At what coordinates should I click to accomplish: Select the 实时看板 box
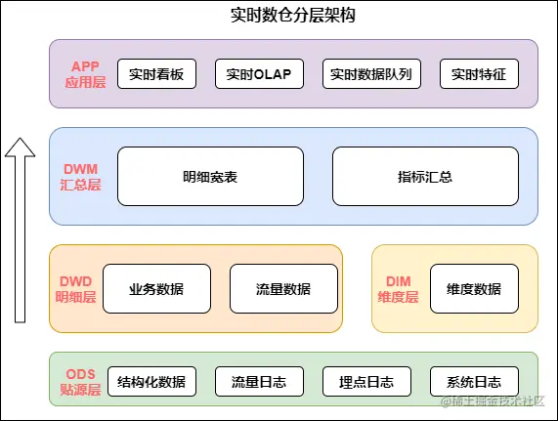coord(157,73)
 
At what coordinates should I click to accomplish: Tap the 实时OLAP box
coord(259,73)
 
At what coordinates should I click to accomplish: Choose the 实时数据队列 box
coord(370,73)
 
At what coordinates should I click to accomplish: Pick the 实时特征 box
coord(479,73)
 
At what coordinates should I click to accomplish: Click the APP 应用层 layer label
coord(85,73)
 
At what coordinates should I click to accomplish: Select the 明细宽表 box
coord(210,177)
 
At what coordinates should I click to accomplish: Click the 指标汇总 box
coord(425,177)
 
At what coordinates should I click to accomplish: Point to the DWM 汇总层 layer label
coord(81,177)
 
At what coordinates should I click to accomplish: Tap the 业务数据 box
coord(156,288)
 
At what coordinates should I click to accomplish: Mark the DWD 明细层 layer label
coord(75,288)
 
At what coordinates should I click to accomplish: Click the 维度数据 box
coord(474,288)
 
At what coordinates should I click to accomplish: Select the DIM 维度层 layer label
coord(398,288)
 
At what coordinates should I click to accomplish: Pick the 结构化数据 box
coord(151,381)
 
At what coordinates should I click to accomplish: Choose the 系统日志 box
coord(474,381)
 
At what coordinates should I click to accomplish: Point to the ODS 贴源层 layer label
coord(81,381)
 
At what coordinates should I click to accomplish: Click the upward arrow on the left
coord(17,230)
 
